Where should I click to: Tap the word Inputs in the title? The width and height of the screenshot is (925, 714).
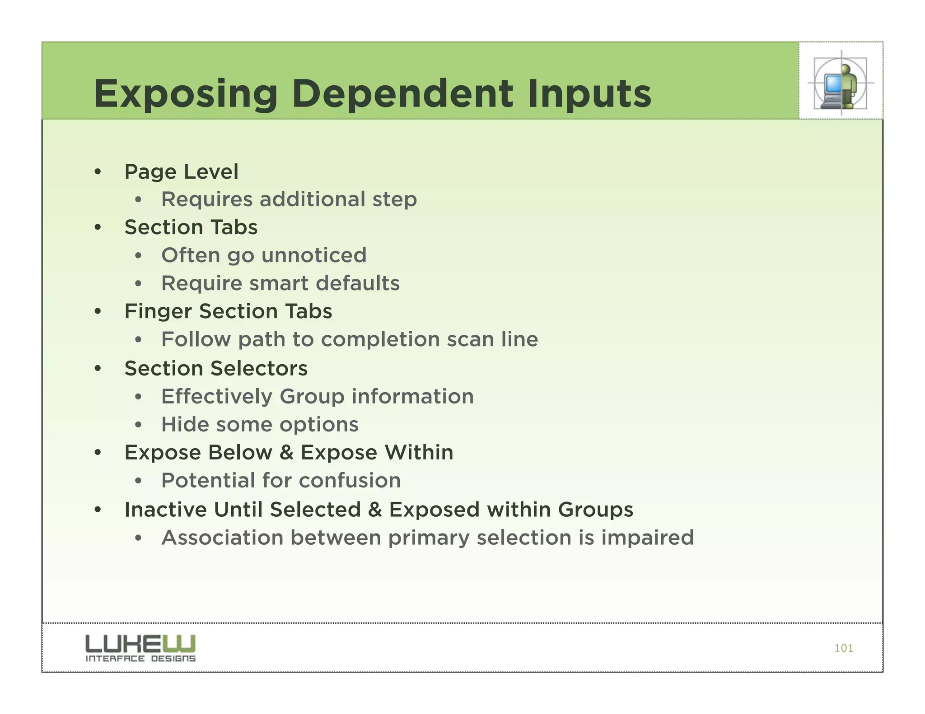pos(589,94)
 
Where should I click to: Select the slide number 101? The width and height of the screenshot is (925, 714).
pos(843,648)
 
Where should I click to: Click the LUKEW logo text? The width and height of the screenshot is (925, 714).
pos(140,644)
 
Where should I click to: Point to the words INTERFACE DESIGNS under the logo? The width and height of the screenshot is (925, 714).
pos(140,658)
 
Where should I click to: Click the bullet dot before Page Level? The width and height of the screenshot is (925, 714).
pos(98,172)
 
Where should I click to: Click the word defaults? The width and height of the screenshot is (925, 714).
pos(358,283)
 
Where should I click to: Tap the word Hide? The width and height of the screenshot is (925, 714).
pos(185,424)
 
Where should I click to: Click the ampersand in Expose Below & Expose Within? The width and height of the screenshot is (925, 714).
pos(286,453)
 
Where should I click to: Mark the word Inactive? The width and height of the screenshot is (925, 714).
pos(165,510)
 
